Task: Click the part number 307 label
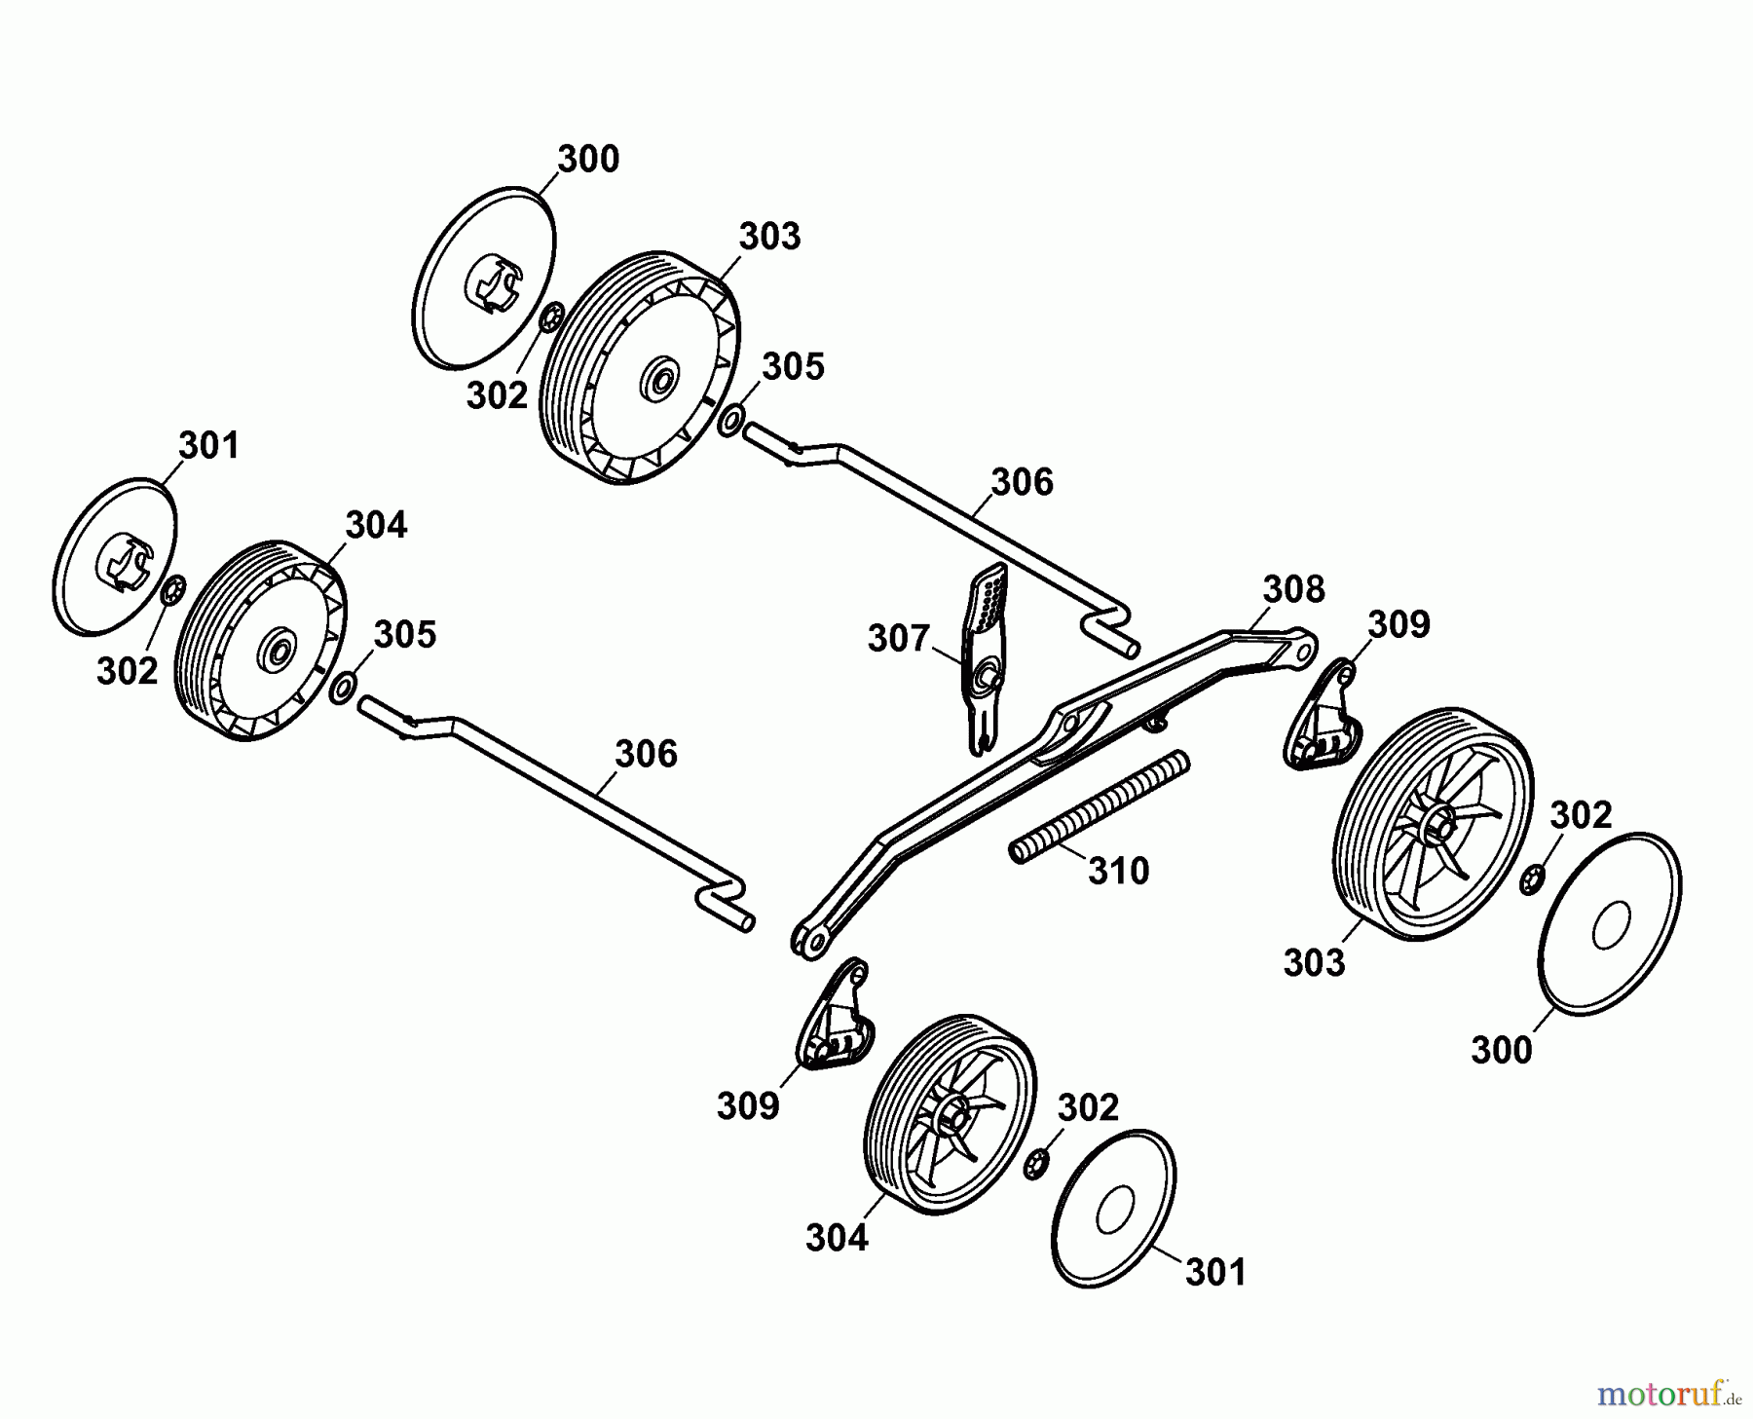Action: coord(899,639)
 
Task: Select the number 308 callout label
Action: coord(1293,589)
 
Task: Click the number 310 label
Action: coord(1119,870)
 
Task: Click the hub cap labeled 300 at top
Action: coord(484,282)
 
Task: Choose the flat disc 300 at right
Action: coord(1609,924)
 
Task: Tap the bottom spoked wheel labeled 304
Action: coord(950,1115)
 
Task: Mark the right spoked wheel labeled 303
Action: coord(1431,823)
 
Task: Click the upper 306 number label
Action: coord(1022,482)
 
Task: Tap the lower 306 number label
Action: coord(646,754)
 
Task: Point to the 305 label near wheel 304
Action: coord(405,634)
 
